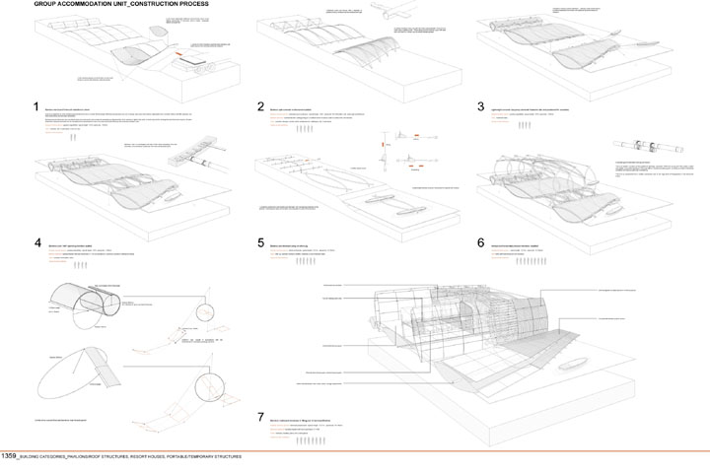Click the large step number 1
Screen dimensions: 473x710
click(x=35, y=107)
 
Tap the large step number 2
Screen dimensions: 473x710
click(x=260, y=107)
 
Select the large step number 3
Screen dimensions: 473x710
click(x=480, y=107)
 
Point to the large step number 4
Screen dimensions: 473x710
click(x=36, y=242)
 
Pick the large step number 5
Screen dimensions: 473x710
click(x=260, y=242)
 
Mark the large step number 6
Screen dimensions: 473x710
click(x=480, y=242)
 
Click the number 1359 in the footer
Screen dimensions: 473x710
click(x=9, y=457)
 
